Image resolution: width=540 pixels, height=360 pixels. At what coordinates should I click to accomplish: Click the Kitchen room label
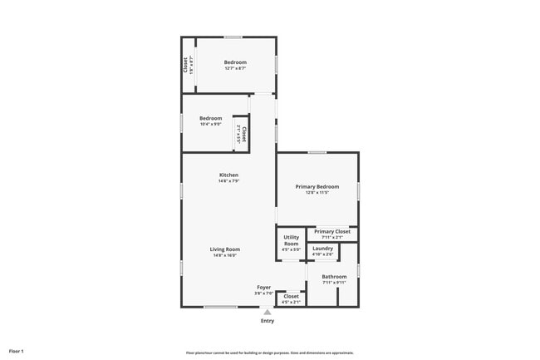click(x=228, y=175)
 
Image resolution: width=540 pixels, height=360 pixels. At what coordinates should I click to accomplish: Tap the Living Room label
click(x=224, y=249)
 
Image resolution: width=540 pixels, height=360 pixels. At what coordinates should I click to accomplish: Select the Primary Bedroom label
click(x=317, y=187)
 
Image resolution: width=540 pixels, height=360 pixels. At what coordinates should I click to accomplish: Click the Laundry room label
click(x=323, y=248)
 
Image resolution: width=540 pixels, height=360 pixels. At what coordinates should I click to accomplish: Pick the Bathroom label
click(x=334, y=277)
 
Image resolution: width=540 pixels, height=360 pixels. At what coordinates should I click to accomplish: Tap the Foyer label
click(x=263, y=287)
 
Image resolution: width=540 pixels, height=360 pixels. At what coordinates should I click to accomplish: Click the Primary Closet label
click(x=332, y=231)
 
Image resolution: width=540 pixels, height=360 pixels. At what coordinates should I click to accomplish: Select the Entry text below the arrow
click(x=268, y=321)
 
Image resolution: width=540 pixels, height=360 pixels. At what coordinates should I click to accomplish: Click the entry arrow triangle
click(x=268, y=313)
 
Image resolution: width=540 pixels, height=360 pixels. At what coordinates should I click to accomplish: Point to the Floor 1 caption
click(x=17, y=352)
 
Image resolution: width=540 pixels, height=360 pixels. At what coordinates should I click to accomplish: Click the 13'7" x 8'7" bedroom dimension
click(x=235, y=68)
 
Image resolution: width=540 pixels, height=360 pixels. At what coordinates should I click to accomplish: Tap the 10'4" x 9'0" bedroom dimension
click(x=210, y=125)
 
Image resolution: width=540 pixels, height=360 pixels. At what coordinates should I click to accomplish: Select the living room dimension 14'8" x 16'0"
click(x=224, y=255)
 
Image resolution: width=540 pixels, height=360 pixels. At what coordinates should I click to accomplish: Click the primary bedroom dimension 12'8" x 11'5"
click(x=317, y=193)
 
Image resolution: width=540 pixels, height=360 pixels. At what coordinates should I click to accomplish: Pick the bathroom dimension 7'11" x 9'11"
click(x=334, y=283)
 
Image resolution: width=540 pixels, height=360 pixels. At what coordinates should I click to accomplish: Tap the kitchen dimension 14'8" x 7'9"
click(x=228, y=180)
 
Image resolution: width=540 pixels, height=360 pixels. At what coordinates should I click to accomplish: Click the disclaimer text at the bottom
click(x=269, y=353)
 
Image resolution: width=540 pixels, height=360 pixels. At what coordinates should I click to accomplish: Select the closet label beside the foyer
click(x=291, y=296)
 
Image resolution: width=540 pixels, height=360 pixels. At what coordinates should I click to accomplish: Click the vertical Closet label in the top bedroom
click(x=185, y=64)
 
